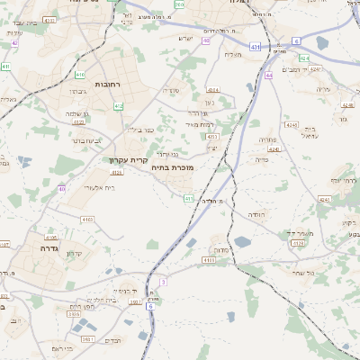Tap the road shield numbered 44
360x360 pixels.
tap(269, 76)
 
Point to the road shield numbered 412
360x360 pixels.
tap(119, 106)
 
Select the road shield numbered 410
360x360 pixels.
tap(80, 76)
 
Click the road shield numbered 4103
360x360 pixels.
tap(87, 219)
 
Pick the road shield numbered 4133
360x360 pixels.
tap(209, 260)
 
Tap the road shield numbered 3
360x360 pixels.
tap(164, 282)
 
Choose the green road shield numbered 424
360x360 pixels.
tap(304, 58)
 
